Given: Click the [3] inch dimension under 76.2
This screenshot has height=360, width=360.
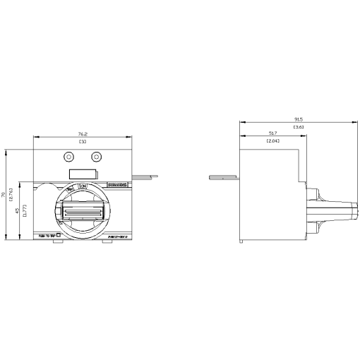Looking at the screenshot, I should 83,142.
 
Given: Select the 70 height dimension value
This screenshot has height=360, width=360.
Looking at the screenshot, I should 4,194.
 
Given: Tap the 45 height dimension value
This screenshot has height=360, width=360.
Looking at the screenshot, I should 18,210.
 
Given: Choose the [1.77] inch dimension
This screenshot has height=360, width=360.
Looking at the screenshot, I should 25,210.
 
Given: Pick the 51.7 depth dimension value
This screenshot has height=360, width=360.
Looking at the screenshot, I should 272,133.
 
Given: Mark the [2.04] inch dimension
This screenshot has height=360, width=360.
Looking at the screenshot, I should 272,142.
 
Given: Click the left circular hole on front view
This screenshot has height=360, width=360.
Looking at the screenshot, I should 68,157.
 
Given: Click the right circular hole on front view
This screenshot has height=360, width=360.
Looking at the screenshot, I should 97,157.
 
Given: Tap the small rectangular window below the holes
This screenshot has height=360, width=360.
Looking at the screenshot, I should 83,173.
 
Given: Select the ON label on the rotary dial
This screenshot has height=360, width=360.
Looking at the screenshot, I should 83,186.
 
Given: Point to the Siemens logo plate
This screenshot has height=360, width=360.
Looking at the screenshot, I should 116,185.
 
